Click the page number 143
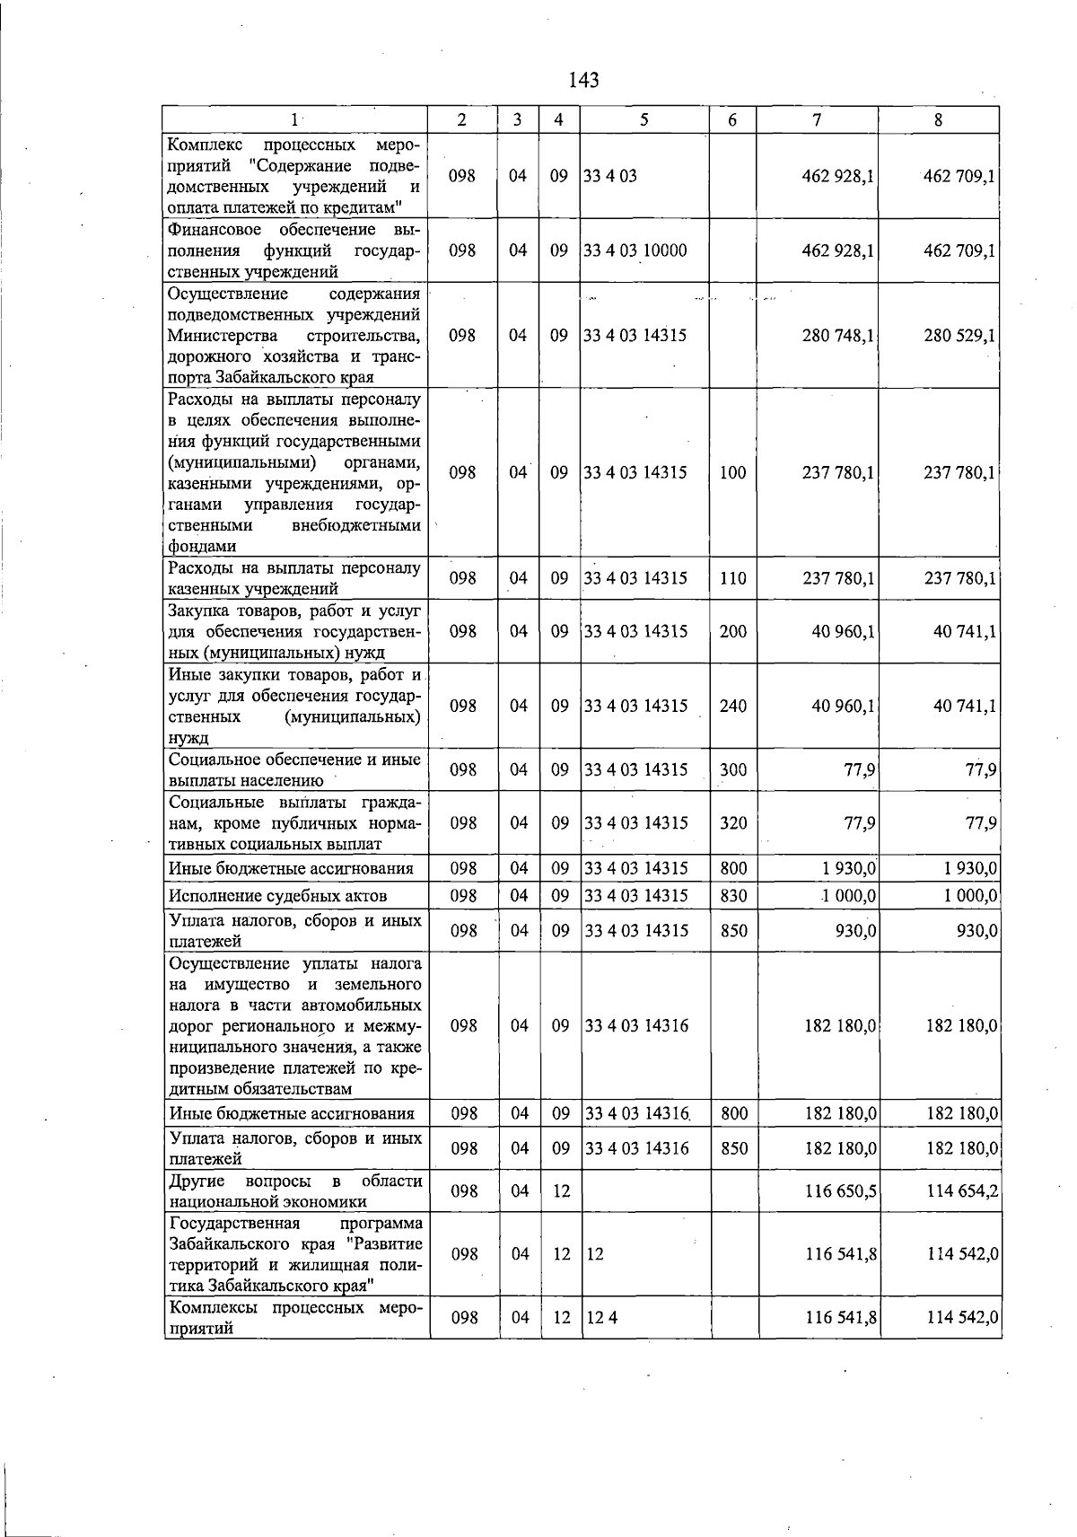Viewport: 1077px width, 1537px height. coord(583,81)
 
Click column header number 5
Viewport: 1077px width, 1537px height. coord(644,120)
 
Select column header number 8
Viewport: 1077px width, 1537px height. coord(938,120)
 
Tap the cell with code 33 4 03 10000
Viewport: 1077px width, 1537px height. coord(635,250)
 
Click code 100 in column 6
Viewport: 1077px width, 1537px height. coord(733,472)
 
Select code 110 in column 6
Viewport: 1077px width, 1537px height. coord(733,578)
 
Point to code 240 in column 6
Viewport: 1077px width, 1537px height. coord(733,706)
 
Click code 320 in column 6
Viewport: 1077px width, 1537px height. coord(733,822)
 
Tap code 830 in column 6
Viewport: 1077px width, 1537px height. coord(733,895)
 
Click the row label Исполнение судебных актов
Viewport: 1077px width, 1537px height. coord(277,895)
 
